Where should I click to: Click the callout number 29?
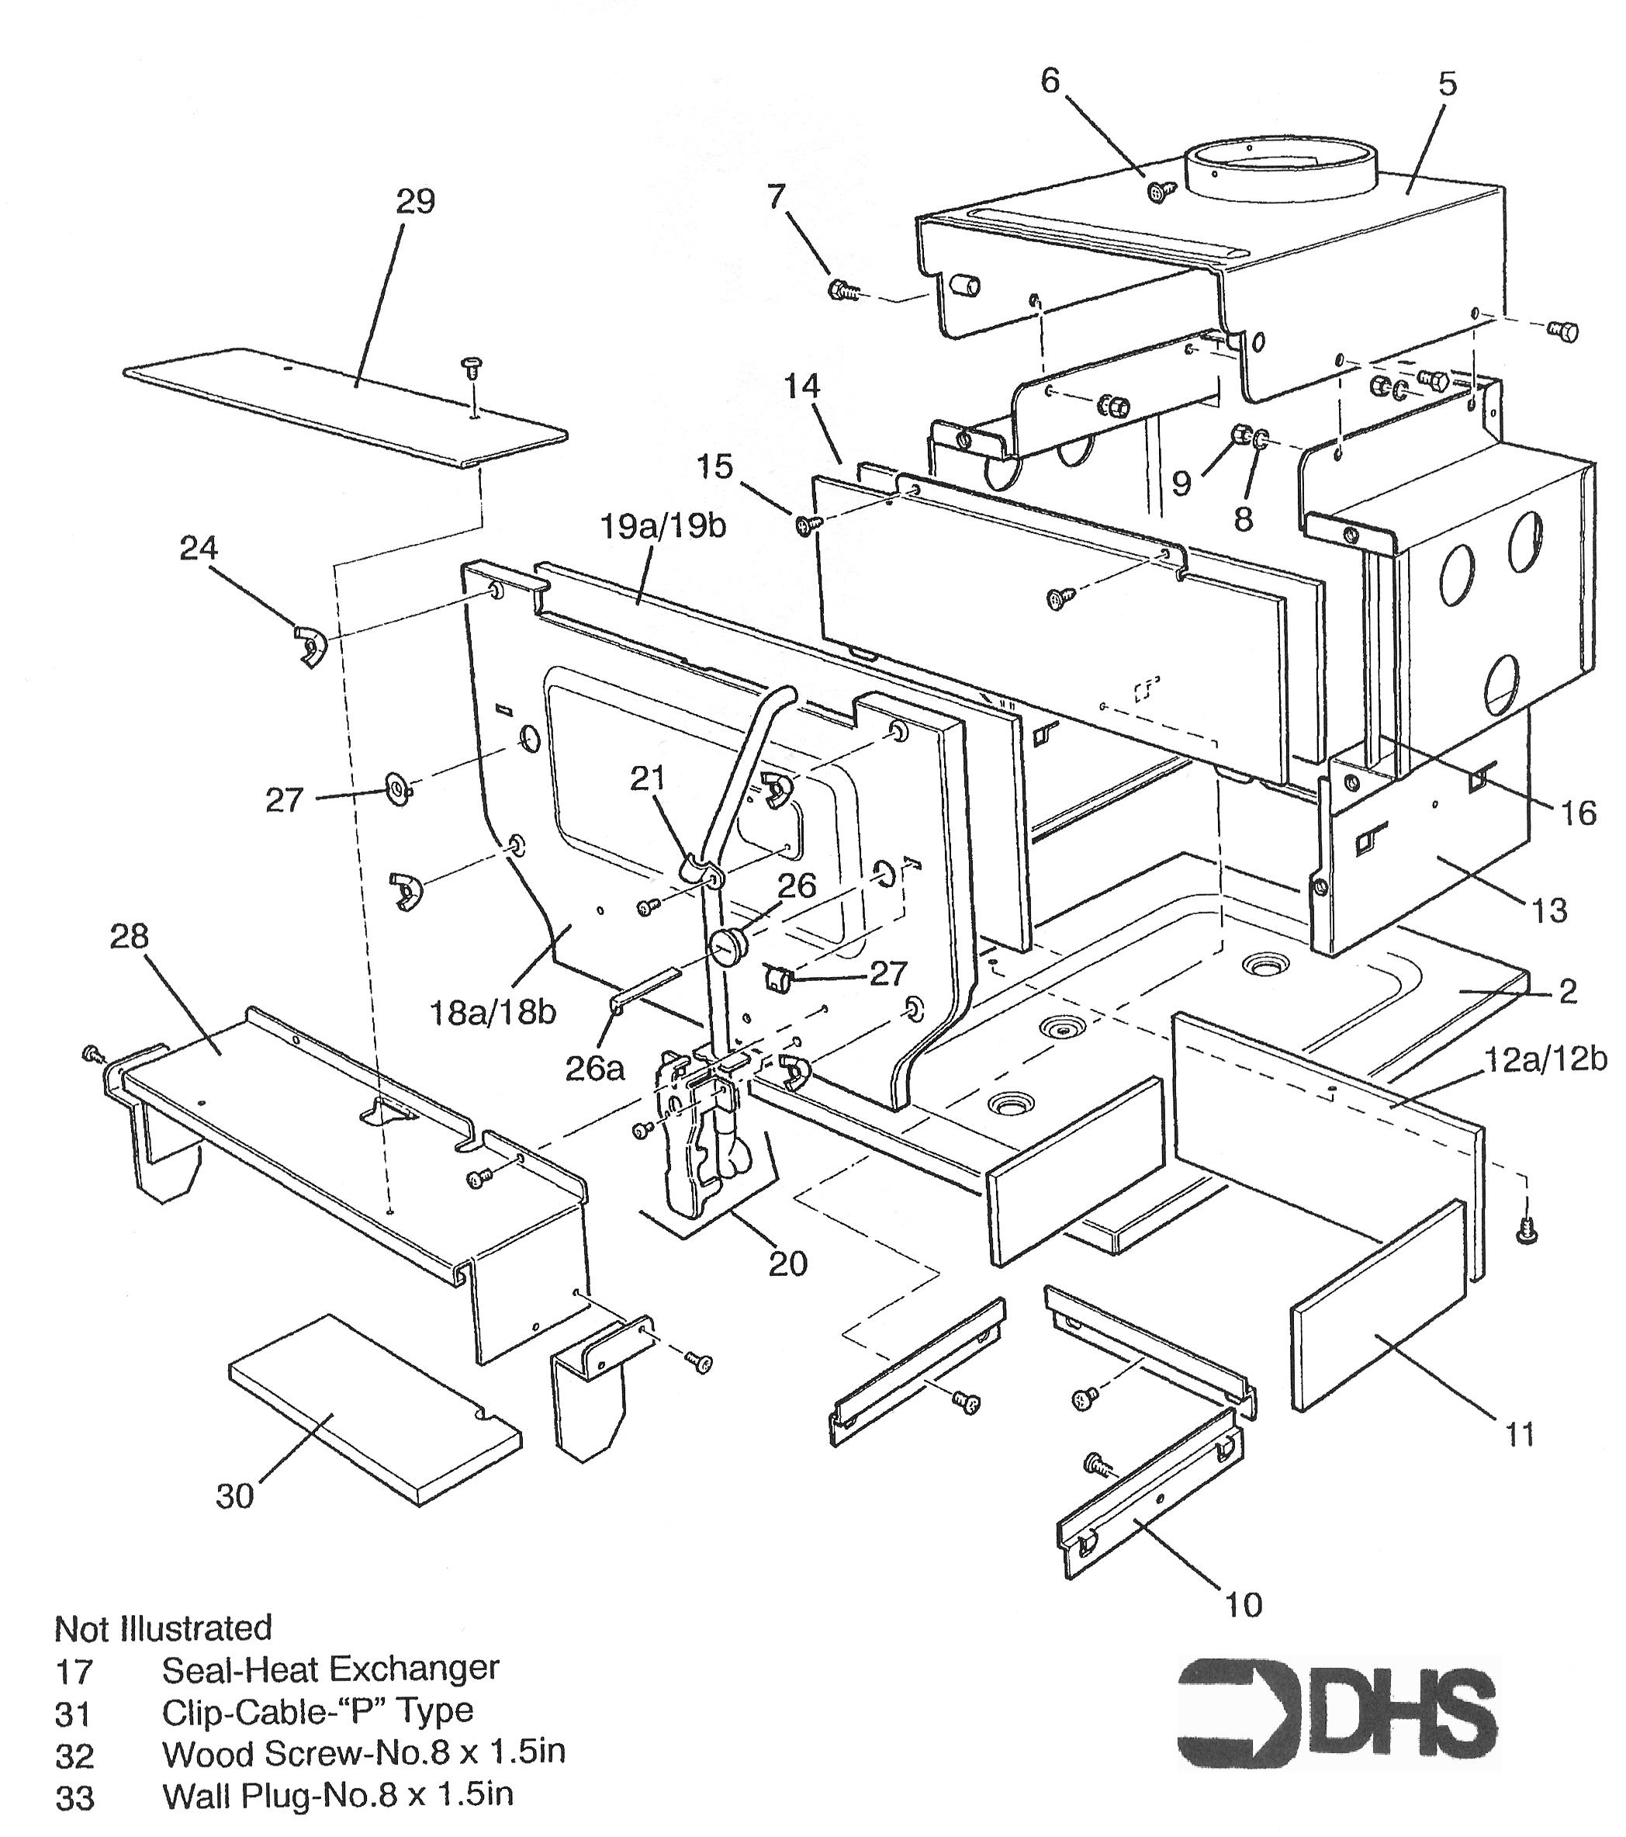pos(415,200)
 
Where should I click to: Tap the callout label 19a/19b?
pos(663,527)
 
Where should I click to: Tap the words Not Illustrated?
pos(164,1627)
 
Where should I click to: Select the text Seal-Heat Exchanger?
pos(330,1669)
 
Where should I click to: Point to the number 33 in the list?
pos(74,1797)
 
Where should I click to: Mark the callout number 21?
pos(647,778)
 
